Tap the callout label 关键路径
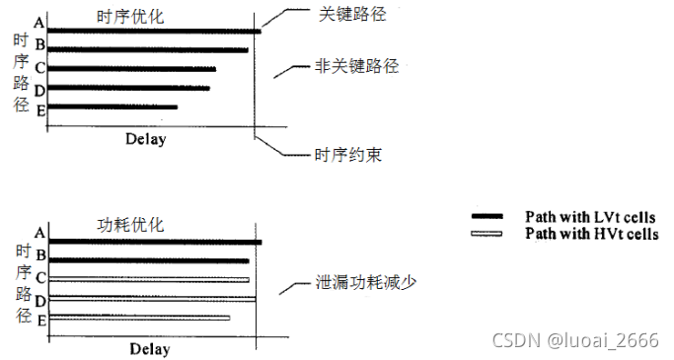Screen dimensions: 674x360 (x=350, y=16)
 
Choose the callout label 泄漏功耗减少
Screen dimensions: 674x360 (x=365, y=283)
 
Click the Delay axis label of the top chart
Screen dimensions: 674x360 (x=145, y=138)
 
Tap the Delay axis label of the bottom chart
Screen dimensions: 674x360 (x=149, y=349)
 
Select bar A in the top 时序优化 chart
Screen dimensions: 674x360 (x=154, y=32)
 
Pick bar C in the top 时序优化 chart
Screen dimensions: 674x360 (x=131, y=69)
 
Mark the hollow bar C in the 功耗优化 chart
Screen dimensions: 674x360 (x=149, y=279)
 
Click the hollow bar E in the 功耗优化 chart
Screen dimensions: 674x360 (x=139, y=317)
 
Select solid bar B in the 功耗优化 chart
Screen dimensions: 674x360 (x=149, y=260)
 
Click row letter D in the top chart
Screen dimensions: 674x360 (x=39, y=90)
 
